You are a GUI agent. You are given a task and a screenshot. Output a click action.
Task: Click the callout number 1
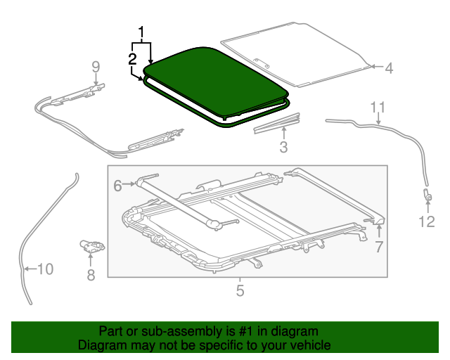pos(143,32)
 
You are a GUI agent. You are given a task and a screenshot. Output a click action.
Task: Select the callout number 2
pos(132,59)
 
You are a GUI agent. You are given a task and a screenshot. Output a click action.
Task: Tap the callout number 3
pos(283,147)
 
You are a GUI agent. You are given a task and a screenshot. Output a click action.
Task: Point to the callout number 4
pos(388,68)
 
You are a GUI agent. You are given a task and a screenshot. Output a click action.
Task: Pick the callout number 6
pos(117,185)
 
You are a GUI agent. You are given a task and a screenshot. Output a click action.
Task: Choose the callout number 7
pos(378,246)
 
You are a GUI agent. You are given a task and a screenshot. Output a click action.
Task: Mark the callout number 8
pos(91,275)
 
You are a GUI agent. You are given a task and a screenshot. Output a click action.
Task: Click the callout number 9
pos(96,67)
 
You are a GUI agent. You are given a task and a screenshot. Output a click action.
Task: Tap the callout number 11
pos(378,107)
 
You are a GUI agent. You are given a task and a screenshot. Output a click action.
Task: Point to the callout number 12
pos(427,222)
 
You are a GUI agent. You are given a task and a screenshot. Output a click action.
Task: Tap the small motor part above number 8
pos(91,245)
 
